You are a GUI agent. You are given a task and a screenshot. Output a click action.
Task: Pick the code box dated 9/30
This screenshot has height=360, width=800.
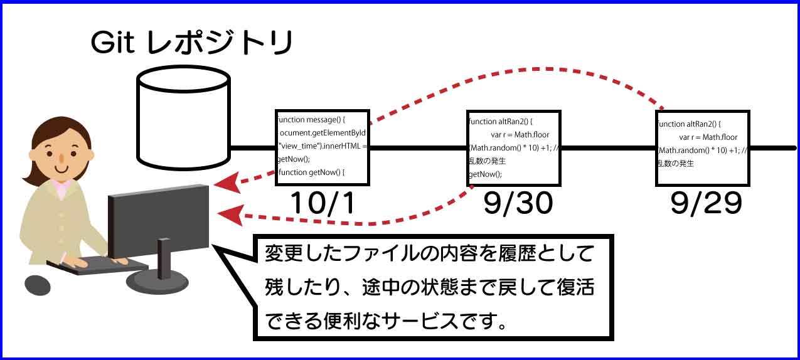coord(513,147)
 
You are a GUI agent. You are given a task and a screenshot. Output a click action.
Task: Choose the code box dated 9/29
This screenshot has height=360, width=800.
coord(702,147)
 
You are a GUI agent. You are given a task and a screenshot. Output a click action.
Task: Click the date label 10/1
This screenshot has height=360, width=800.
coord(322,203)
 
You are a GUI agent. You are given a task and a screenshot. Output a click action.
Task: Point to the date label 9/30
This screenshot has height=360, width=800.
coord(518,203)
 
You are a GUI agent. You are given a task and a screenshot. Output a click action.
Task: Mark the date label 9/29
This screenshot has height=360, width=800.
coord(706,203)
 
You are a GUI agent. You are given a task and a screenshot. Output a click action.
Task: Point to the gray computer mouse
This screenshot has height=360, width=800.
coord(38,285)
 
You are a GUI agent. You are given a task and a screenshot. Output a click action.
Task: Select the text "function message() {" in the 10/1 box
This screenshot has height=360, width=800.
coord(312,119)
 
